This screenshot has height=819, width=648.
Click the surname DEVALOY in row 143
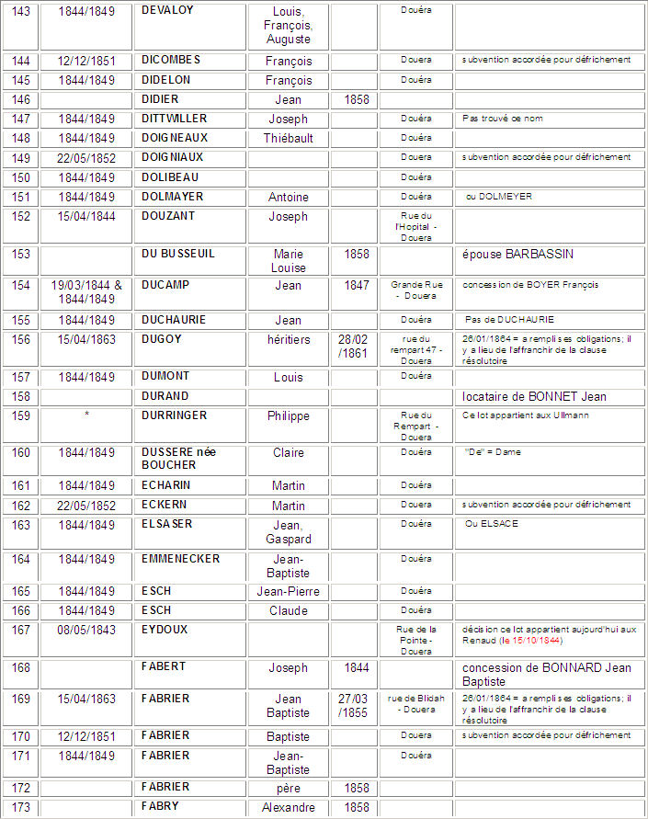pyautogui.click(x=168, y=10)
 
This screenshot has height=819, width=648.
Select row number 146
pyautogui.click(x=20, y=99)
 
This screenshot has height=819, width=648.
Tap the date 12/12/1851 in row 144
pyautogui.click(x=86, y=61)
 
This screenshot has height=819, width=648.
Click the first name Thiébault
pyautogui.click(x=288, y=138)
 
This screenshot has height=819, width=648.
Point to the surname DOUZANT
pyautogui.click(x=170, y=216)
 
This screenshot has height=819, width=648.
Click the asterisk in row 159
pyautogui.click(x=86, y=415)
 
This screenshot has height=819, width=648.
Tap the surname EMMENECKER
pyautogui.click(x=181, y=558)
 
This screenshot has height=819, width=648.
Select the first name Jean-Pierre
pyautogui.click(x=288, y=591)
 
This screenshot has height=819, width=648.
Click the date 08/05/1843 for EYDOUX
pyautogui.click(x=86, y=630)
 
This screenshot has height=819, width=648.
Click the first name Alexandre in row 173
pyautogui.click(x=288, y=807)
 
